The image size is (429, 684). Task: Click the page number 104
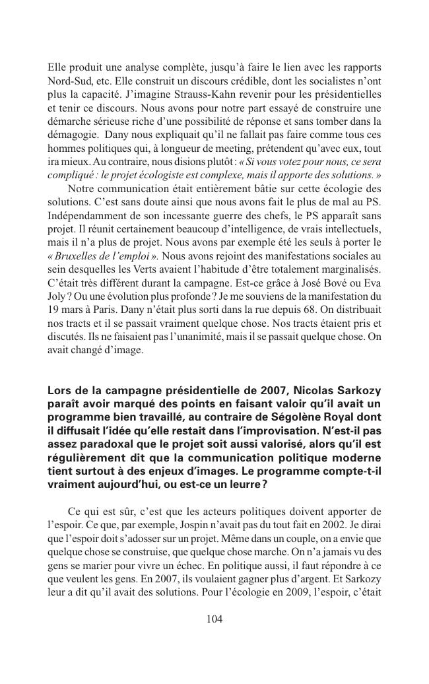point(214,619)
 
